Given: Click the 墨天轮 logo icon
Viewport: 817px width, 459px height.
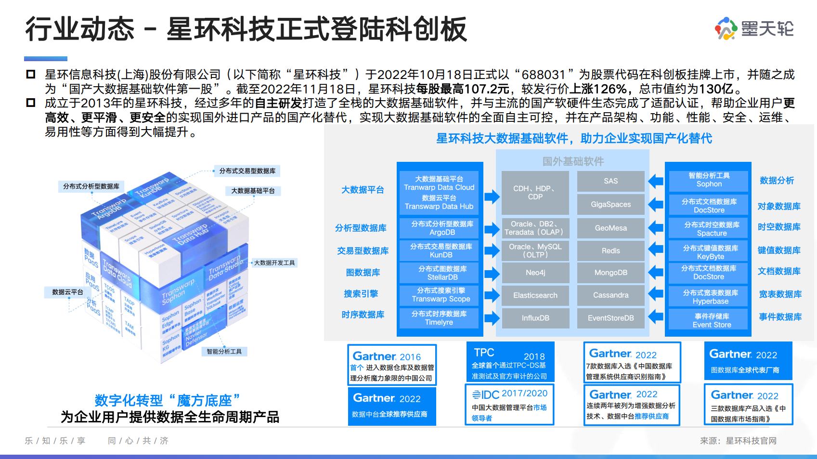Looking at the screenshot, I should coord(726,28).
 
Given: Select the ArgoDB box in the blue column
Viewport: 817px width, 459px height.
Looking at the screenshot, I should coord(442,228).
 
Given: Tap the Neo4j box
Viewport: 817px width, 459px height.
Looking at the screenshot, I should coord(535,273).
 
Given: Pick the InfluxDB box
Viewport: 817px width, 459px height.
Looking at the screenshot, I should coord(535,318).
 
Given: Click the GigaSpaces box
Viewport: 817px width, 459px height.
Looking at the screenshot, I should coord(610,204).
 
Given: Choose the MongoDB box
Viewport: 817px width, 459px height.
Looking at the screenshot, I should coord(610,273).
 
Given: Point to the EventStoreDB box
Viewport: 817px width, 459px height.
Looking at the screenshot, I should coord(610,318).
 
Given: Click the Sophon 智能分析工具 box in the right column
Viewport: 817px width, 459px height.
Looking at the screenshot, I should coord(709,180).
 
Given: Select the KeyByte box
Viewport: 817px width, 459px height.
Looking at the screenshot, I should coord(710,252).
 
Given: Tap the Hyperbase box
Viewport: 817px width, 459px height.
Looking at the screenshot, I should coord(710,297).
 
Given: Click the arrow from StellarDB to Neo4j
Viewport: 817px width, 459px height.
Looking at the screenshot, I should coord(492,274).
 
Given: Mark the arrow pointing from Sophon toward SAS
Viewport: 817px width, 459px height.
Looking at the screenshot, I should coord(655,181).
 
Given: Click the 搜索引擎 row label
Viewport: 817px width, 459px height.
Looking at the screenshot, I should coord(361,294).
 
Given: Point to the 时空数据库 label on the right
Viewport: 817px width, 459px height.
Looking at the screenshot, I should coord(779,227).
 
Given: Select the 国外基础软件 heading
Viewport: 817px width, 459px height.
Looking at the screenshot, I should coord(573,161).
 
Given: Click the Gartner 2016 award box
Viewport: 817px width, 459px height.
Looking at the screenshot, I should coord(392,365).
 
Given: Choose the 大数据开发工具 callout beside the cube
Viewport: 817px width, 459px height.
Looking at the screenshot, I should coord(274,263).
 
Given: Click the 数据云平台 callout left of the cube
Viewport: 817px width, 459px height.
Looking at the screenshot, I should coord(67,292).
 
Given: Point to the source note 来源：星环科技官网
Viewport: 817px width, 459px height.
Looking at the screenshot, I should coord(738,441).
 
